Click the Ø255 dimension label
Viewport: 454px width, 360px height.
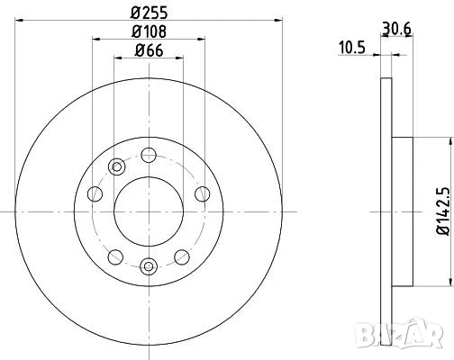(149, 13)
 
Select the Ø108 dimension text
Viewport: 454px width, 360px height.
(149, 31)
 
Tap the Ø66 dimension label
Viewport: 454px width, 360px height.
(149, 50)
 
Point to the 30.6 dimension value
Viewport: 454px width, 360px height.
(396, 29)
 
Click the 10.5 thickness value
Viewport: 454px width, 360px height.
(352, 48)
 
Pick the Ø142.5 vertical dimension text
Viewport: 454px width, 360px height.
(443, 211)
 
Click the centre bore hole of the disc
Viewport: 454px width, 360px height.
(149, 211)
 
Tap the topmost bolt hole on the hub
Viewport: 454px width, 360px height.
(149, 155)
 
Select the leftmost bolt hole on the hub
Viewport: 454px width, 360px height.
(95, 193)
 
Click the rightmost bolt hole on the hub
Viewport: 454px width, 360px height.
(203, 193)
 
